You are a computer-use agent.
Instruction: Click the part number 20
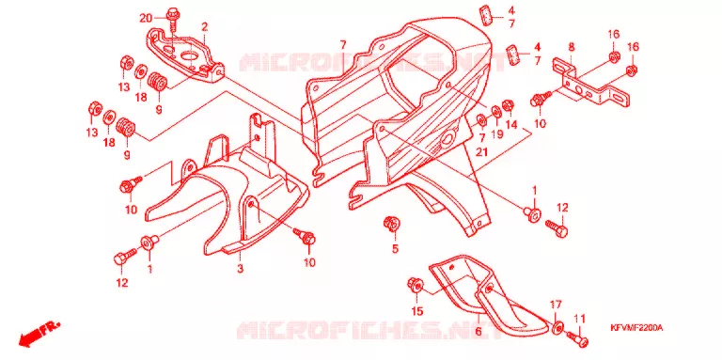[x=146, y=19]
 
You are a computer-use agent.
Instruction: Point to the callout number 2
[x=204, y=26]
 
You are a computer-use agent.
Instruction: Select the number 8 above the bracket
[x=571, y=46]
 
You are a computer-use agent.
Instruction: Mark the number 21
[x=481, y=152]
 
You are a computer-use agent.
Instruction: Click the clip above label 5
[x=392, y=225]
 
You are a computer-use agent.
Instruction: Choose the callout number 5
[x=395, y=249]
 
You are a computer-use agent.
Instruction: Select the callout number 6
[x=478, y=332]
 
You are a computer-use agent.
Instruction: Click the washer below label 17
[x=556, y=326]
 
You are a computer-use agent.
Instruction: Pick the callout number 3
[x=240, y=269]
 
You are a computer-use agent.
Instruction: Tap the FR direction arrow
[x=39, y=334]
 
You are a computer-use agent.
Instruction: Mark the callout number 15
[x=416, y=312]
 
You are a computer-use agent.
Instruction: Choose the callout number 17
[x=556, y=305]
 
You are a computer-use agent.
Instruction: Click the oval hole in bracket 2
[x=189, y=55]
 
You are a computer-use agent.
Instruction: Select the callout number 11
[x=579, y=318]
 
